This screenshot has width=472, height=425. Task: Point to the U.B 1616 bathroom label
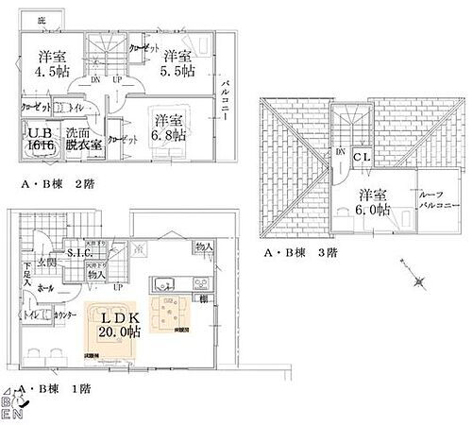tap(38, 141)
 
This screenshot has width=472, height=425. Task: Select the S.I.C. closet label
tap(78, 252)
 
